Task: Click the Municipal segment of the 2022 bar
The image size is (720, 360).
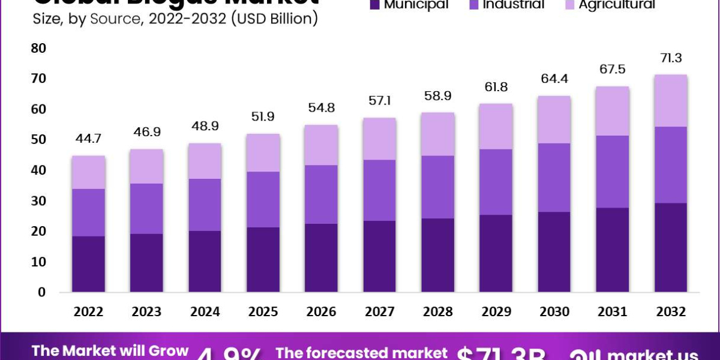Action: tap(88, 264)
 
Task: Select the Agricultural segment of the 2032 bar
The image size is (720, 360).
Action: tap(671, 101)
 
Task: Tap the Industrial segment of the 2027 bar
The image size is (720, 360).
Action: tap(379, 190)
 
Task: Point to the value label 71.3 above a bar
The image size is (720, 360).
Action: tap(671, 58)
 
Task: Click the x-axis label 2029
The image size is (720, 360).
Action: tap(496, 312)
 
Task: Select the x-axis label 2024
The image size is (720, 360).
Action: tap(205, 312)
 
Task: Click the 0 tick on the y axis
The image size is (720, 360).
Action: tap(41, 292)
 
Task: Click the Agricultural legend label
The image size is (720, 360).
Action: tap(617, 5)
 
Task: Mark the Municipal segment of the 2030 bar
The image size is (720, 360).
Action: tap(554, 252)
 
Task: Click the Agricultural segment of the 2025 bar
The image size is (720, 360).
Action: tap(263, 152)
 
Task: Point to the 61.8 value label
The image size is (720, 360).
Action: tap(496, 88)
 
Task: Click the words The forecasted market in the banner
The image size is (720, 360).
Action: tap(361, 353)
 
